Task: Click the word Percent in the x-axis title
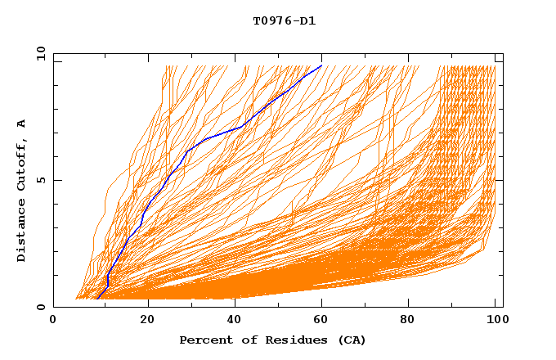coord(204,340)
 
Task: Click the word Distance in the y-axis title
coord(22,232)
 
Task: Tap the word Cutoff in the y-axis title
coord(22,164)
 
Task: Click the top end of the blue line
coord(322,65)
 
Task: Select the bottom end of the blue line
coord(97,299)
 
